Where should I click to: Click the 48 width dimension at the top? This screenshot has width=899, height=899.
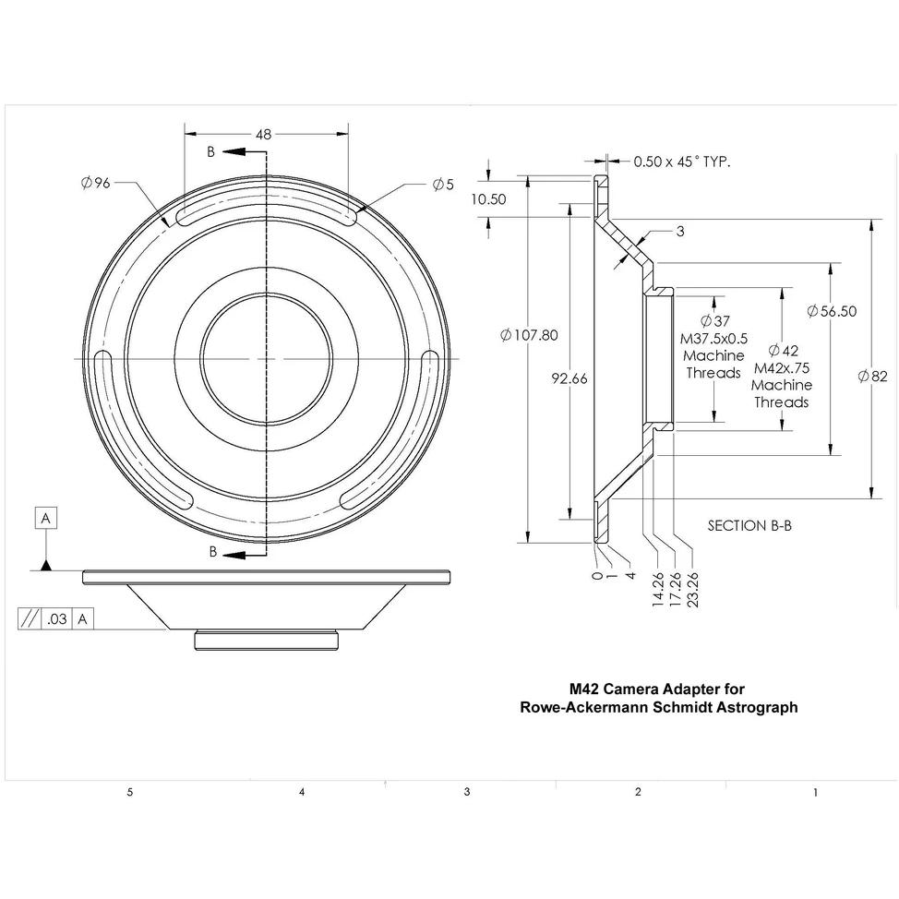264,134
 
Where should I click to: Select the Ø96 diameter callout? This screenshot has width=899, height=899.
95,183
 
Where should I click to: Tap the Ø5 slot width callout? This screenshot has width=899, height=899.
443,184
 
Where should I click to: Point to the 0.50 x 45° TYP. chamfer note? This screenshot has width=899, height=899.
681,161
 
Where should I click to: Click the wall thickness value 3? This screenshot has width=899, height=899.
680,232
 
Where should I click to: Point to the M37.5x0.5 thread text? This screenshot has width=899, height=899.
713,338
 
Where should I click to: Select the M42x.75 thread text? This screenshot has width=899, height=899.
781,367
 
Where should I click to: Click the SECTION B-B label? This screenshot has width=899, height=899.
749,525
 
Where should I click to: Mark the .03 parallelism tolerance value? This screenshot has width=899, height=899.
57,619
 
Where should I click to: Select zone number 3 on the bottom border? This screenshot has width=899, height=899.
467,792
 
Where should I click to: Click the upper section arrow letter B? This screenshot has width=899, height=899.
210,151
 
